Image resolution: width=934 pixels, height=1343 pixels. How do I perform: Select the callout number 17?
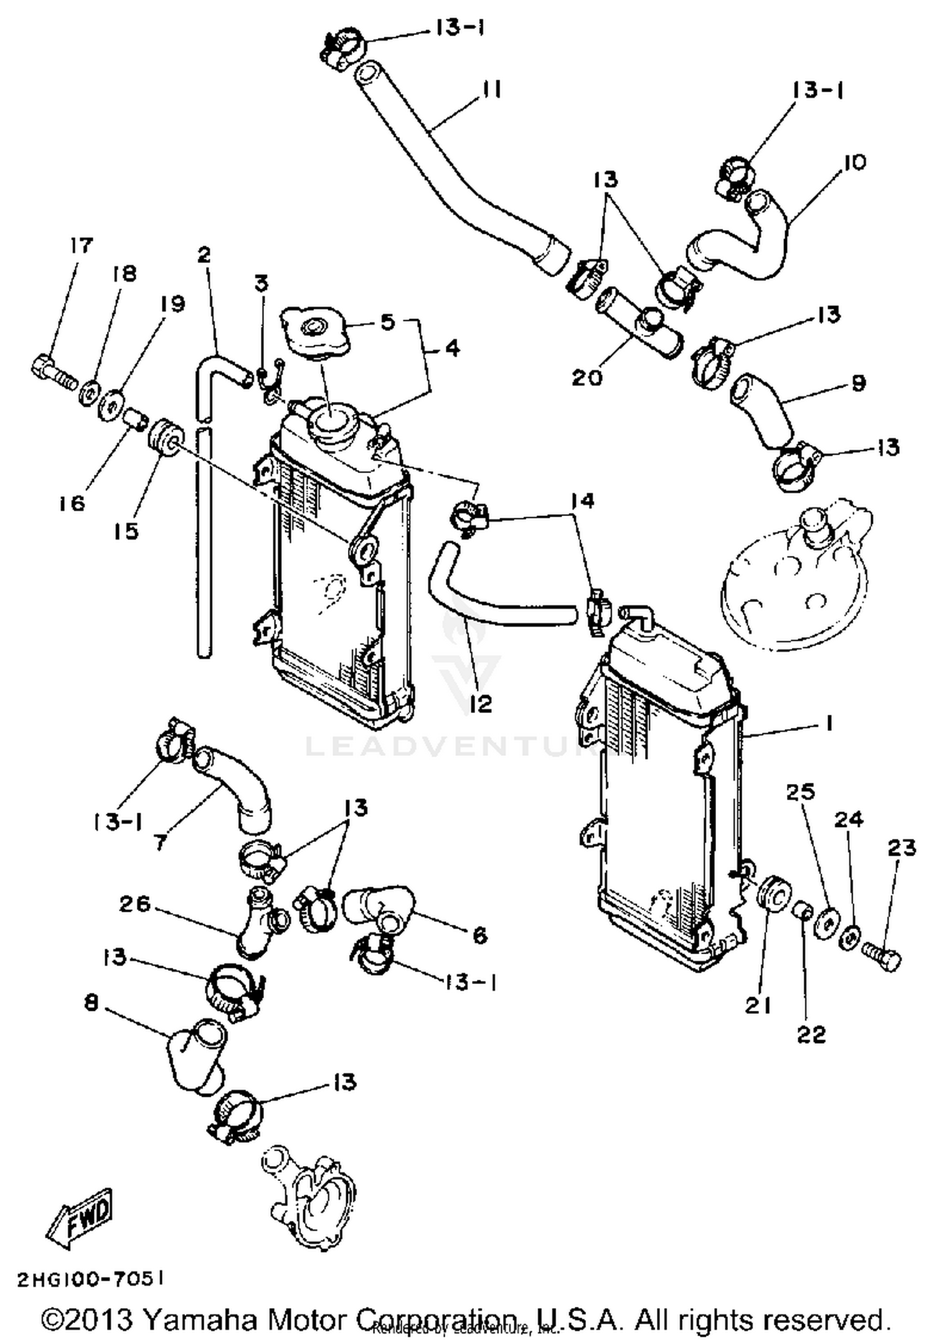click(x=80, y=246)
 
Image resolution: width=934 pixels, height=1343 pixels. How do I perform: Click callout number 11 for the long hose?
click(x=491, y=90)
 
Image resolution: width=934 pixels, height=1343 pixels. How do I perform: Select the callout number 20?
click(x=587, y=376)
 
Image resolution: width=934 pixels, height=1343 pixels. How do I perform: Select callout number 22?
click(x=811, y=1035)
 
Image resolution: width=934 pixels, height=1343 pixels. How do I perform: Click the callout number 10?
click(x=855, y=163)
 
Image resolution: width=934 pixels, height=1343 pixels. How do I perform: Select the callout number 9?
click(x=858, y=383)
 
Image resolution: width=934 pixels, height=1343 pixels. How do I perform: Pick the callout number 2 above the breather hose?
click(x=204, y=255)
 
